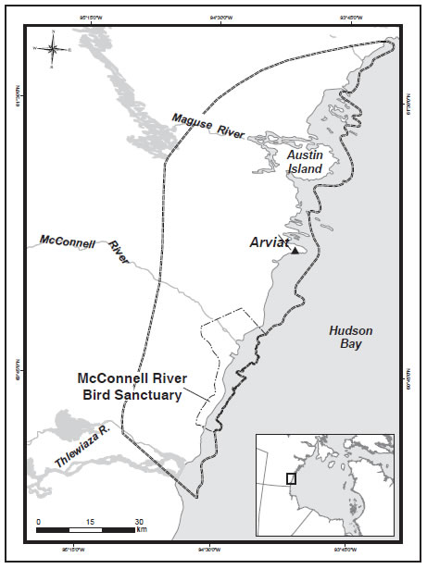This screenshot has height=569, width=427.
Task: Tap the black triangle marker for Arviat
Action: point(295,250)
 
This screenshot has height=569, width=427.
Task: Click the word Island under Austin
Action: point(305,169)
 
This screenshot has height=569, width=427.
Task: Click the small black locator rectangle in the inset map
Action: point(292,477)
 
